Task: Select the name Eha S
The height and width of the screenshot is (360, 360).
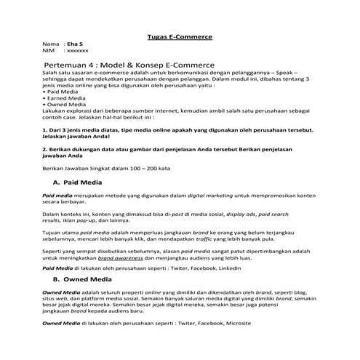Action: point(73,45)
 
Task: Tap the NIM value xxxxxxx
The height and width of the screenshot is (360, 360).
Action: point(77,52)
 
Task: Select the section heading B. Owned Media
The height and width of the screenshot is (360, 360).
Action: point(82,278)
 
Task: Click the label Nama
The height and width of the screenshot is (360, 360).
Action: point(51,45)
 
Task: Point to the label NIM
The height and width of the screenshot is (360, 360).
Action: point(49,52)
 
